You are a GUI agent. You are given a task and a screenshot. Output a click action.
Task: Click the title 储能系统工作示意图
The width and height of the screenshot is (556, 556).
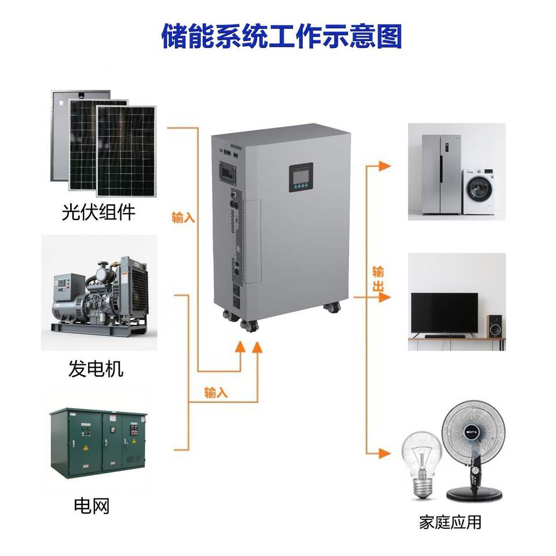pyautogui.click(x=281, y=36)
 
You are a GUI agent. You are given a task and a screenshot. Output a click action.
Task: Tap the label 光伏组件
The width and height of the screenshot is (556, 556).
pyautogui.click(x=98, y=212)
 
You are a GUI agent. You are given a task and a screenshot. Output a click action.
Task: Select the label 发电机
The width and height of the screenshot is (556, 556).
pyautogui.click(x=96, y=368)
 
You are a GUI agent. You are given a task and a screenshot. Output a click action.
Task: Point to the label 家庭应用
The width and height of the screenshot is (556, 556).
pyautogui.click(x=450, y=522)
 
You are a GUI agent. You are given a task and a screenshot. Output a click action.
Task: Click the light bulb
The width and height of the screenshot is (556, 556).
pyautogui.click(x=422, y=464)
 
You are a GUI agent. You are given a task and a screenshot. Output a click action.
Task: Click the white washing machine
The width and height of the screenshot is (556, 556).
pyautogui.click(x=479, y=192)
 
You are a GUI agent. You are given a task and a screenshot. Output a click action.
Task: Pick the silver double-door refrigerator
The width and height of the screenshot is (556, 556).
pyautogui.click(x=441, y=174)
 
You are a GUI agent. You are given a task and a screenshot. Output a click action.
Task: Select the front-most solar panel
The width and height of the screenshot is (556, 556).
pyautogui.click(x=126, y=151)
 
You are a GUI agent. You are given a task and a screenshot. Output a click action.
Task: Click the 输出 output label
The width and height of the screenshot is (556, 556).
pyautogui.click(x=378, y=279)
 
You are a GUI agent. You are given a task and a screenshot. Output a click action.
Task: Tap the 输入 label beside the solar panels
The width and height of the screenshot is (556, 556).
pyautogui.click(x=184, y=217)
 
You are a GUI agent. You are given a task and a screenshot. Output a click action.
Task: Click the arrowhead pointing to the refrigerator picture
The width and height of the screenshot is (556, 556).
pyautogui.click(x=385, y=166)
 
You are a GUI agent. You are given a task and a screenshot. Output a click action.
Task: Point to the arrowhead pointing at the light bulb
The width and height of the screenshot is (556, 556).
pyautogui.click(x=385, y=453)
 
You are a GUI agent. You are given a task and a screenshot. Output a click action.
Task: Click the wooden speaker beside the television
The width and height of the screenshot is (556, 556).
pyautogui.click(x=495, y=326)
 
